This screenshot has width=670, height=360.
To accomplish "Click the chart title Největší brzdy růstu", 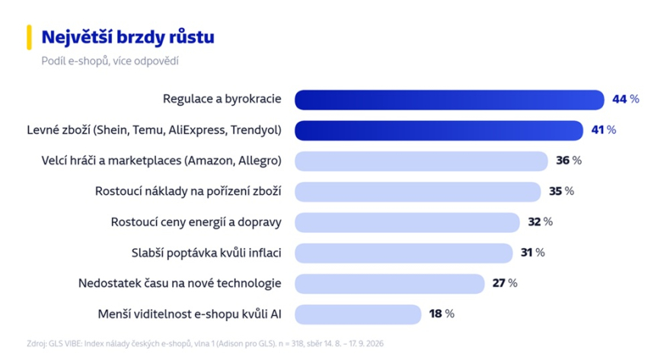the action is click(128, 37).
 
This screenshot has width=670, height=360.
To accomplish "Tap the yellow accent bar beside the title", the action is click(29, 37).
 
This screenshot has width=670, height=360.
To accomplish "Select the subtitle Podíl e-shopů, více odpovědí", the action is click(110, 61).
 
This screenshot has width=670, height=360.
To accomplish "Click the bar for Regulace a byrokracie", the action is click(449, 100).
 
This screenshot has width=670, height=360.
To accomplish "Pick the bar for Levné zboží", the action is click(439, 131).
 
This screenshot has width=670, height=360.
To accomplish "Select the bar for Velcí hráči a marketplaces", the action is click(421, 161).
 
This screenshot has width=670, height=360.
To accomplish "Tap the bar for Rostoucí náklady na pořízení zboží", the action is click(418, 192).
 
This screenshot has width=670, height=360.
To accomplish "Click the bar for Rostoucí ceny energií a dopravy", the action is click(407, 222).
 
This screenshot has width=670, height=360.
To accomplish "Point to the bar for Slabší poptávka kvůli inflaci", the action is click(404, 253).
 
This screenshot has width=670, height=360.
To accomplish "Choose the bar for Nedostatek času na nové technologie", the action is click(390, 284).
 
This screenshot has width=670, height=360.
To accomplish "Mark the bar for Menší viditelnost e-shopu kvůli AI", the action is click(358, 315).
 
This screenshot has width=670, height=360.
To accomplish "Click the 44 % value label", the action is click(626, 99).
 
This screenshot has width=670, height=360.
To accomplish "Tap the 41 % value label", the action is click(603, 130).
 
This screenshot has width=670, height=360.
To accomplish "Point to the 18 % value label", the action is click(442, 314).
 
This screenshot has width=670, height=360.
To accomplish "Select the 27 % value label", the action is click(505, 283).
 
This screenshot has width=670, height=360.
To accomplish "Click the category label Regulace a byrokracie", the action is click(222, 99).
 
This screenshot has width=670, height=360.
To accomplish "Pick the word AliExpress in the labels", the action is click(197, 130).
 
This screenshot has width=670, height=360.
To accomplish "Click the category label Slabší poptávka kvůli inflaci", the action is click(206, 253).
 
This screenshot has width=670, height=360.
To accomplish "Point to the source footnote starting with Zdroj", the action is click(205, 344).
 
